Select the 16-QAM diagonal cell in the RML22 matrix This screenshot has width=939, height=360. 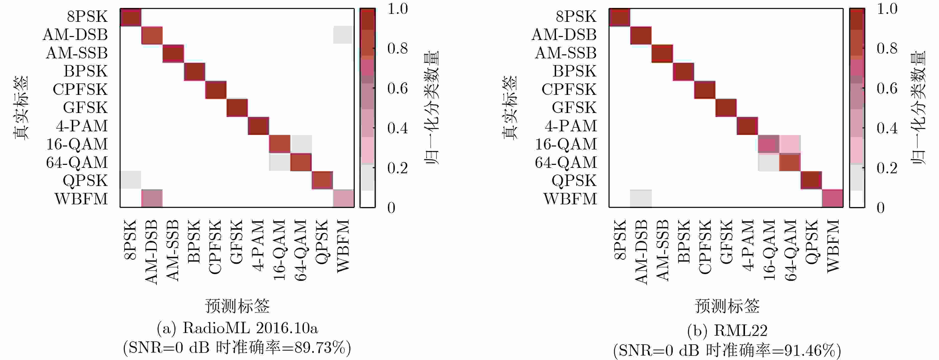[768, 144]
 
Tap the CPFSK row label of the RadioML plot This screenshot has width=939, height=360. [80, 89]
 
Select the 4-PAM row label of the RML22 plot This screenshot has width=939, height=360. [571, 126]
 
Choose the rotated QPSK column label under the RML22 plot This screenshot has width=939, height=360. [811, 241]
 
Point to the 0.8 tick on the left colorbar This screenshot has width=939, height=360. [397, 48]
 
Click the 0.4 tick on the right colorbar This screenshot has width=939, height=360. [887, 128]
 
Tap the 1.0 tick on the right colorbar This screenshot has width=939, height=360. [887, 9]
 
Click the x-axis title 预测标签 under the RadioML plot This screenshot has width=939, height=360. [237, 306]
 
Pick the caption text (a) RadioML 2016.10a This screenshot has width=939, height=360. [237, 328]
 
